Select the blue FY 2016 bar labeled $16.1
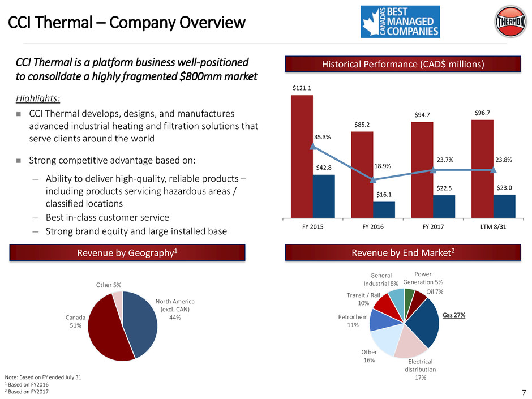(384, 209)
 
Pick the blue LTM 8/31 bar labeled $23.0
(504, 206)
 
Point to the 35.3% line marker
(313, 147)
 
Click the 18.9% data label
(383, 166)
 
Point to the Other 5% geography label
(109, 285)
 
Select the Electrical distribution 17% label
(420, 370)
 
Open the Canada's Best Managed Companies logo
(400, 22)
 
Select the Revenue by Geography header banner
(127, 252)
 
